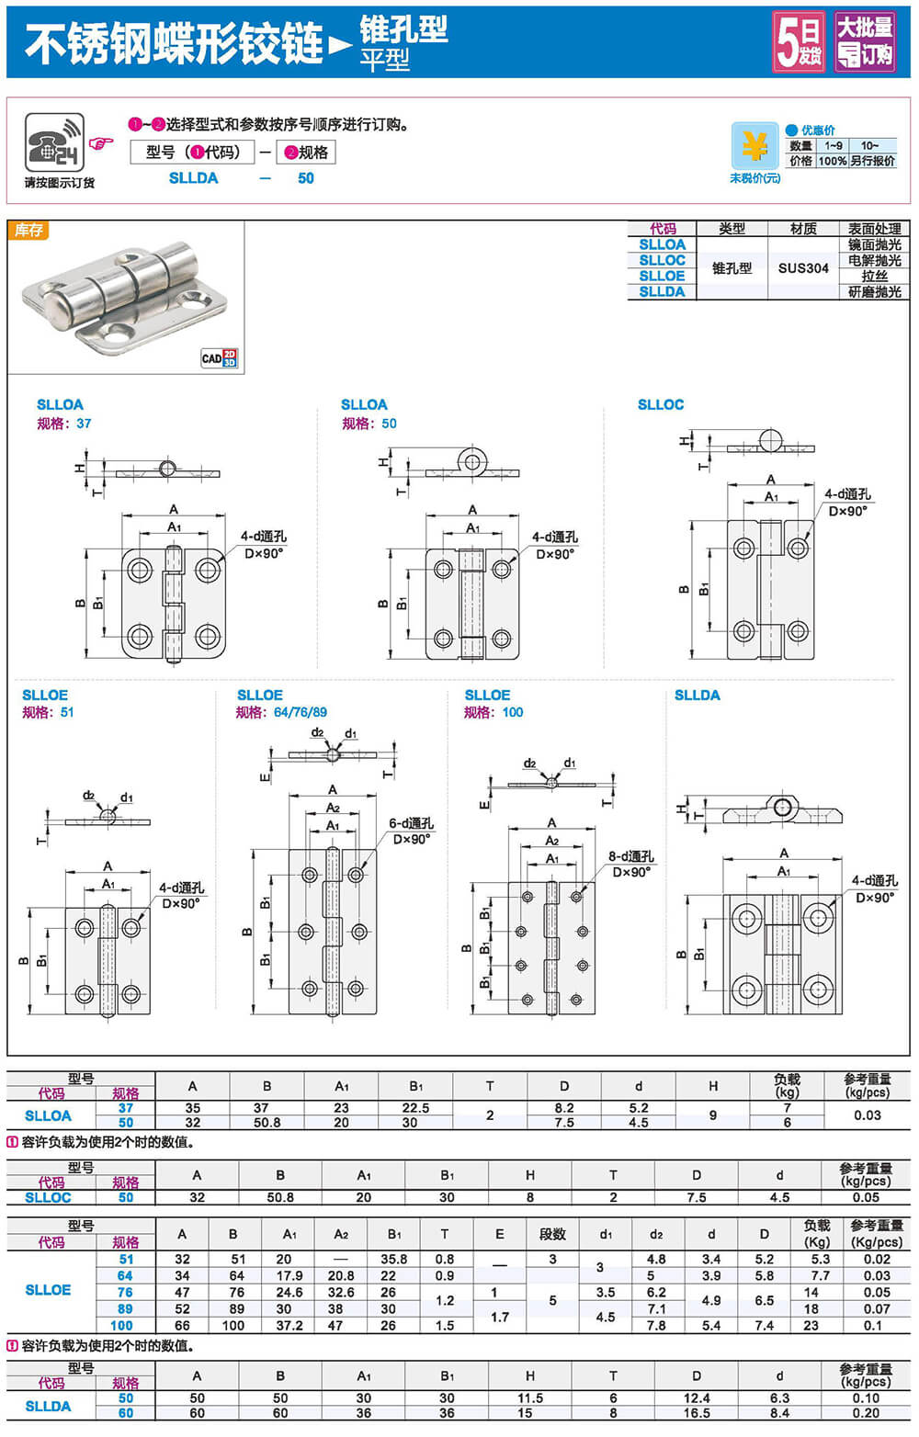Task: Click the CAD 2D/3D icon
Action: [219, 358]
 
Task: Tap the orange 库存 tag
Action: [28, 230]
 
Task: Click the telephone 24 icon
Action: [54, 142]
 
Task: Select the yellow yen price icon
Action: [754, 146]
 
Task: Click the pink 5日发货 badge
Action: [798, 41]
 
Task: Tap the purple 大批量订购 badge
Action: [865, 41]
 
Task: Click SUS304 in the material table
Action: [803, 268]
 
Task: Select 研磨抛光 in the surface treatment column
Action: [874, 292]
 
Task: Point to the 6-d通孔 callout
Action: [411, 823]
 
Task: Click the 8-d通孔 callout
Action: [631, 856]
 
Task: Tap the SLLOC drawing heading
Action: [661, 404]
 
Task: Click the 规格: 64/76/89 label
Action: [281, 712]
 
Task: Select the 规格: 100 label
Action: [494, 712]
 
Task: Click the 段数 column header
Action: [552, 1234]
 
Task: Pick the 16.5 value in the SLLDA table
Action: [697, 1413]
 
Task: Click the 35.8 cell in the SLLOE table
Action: [393, 1259]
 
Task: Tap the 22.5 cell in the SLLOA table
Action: [415, 1108]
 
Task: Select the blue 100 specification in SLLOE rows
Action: [121, 1325]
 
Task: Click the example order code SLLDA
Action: [193, 178]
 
